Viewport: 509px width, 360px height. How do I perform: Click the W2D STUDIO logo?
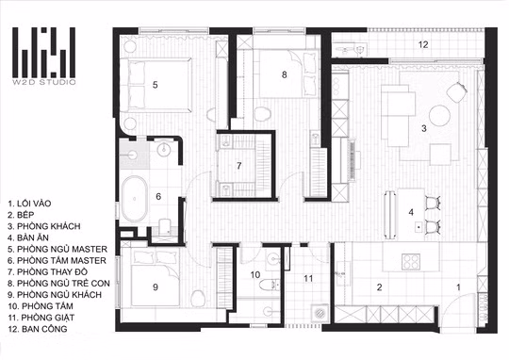43,56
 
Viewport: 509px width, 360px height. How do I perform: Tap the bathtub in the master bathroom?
135,199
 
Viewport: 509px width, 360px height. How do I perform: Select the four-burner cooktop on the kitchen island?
411,262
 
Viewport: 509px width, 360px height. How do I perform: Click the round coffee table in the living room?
440,115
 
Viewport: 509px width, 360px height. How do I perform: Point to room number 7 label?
238,166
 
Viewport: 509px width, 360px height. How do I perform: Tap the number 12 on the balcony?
423,44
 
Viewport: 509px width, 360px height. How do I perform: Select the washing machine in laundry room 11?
320,313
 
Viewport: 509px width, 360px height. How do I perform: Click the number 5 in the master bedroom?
156,85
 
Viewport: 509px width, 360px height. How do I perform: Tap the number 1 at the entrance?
458,286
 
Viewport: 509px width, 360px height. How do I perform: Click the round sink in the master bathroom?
164,149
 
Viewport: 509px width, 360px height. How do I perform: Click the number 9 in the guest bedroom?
156,286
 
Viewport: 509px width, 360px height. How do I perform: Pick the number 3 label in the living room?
424,128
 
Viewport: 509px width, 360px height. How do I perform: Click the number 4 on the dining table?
411,212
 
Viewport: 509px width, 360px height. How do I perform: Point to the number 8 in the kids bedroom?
285,74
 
